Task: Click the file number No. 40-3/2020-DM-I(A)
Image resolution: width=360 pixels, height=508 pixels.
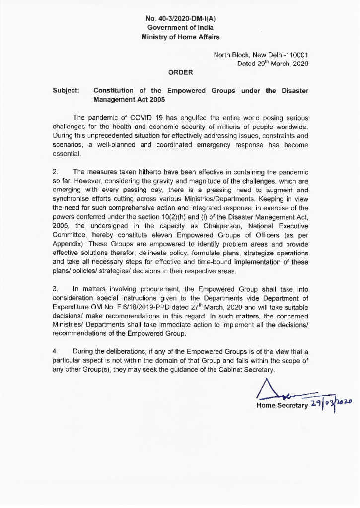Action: [180, 19]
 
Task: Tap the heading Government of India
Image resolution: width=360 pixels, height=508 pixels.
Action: [180, 28]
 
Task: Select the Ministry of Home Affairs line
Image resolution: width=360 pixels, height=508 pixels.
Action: [180, 37]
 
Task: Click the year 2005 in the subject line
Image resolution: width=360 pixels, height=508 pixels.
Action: [155, 99]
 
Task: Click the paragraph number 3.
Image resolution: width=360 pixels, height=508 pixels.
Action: [56, 287]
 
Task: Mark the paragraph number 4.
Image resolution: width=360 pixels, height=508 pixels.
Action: [56, 351]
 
